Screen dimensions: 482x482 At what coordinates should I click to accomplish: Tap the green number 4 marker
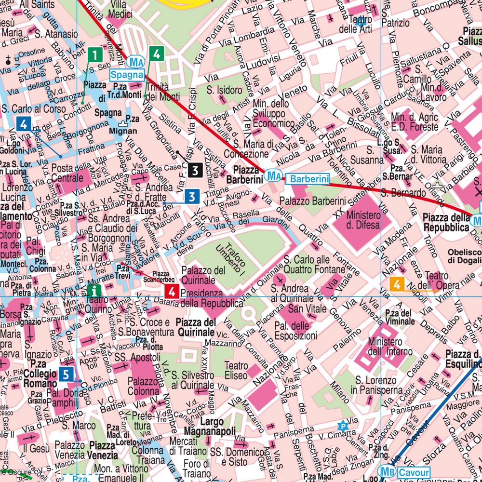tap(156, 54)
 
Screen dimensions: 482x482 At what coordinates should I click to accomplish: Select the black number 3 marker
tap(195, 170)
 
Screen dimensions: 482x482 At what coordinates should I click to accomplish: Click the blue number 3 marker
tap(192, 196)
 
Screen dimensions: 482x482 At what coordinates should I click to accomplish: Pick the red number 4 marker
tap(173, 291)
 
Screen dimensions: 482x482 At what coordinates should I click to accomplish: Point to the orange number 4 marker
tap(397, 285)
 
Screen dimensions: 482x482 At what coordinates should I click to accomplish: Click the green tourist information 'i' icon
tap(95, 290)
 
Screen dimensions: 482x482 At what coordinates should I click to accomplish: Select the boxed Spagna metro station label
tap(127, 75)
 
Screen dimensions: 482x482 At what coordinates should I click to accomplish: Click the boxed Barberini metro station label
tap(307, 179)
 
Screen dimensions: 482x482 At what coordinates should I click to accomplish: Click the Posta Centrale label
tap(67, 173)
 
